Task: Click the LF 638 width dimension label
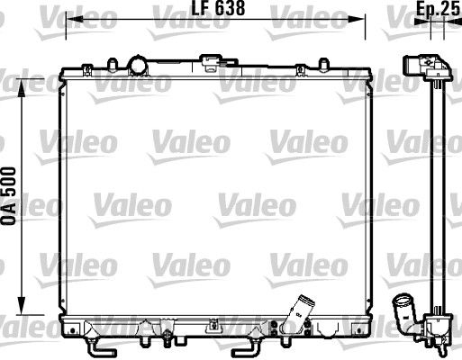click(x=215, y=12)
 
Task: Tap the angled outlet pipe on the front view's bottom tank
click(x=296, y=315)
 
